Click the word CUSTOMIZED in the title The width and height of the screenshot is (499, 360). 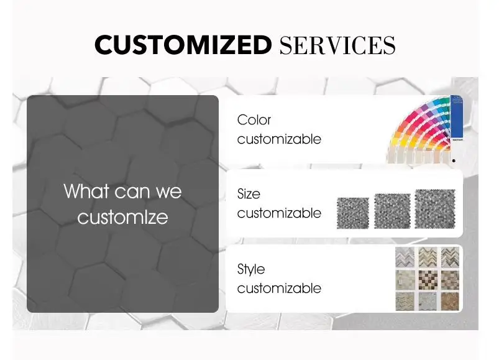click(183, 45)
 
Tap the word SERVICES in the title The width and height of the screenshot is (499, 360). click(337, 45)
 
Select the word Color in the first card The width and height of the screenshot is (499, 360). click(254, 120)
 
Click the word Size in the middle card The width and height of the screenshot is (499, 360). click(249, 194)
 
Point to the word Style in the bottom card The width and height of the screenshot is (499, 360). click(251, 270)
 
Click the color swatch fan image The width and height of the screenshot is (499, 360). click(424, 129)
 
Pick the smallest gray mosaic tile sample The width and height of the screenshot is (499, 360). click(353, 213)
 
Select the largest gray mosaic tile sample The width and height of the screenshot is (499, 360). click(435, 209)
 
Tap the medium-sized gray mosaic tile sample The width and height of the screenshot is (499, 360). click(392, 211)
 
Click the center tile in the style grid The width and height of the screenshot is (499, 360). click(428, 280)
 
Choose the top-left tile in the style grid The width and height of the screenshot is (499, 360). click(405, 257)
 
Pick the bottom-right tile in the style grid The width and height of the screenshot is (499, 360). click(450, 301)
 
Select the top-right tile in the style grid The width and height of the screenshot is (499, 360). click(450, 257)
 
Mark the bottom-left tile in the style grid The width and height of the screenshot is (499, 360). click(405, 302)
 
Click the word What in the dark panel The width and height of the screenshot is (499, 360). click(86, 191)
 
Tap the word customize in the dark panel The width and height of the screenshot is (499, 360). click(122, 218)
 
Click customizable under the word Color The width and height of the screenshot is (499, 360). click(279, 139)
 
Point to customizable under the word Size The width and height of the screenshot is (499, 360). click(279, 213)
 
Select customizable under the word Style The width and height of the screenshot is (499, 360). click(279, 288)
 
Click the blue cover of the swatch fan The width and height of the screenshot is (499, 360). click(457, 118)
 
